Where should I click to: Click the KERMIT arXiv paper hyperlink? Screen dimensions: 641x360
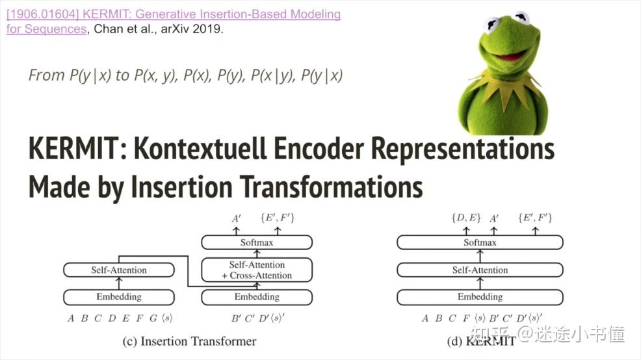pyautogui.click(x=174, y=21)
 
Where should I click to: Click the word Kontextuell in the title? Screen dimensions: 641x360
pyautogui.click(x=200, y=148)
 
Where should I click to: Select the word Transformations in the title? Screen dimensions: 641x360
pyautogui.click(x=331, y=186)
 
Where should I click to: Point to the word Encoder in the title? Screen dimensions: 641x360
pyautogui.click(x=319, y=148)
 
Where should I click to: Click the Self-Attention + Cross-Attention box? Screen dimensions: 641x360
pyautogui.click(x=257, y=270)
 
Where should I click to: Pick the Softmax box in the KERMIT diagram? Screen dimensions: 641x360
pyautogui.click(x=480, y=242)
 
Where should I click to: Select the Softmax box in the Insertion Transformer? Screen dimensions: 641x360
pyautogui.click(x=257, y=242)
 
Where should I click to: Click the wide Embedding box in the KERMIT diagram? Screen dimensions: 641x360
pyautogui.click(x=480, y=297)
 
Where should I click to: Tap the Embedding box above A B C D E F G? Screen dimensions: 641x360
pyautogui.click(x=119, y=297)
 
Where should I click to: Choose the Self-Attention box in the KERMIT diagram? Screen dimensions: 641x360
pyautogui.click(x=480, y=270)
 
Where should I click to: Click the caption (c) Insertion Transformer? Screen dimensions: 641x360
pyautogui.click(x=189, y=341)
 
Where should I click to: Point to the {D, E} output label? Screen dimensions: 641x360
pyautogui.click(x=466, y=218)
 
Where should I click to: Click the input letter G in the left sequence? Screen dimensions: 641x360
pyautogui.click(x=153, y=318)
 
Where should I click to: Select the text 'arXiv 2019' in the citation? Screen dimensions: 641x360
pyautogui.click(x=192, y=29)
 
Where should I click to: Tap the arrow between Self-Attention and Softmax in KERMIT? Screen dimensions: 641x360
pyautogui.click(x=480, y=256)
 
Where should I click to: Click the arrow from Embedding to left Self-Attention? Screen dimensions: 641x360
pyautogui.click(x=119, y=283)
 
